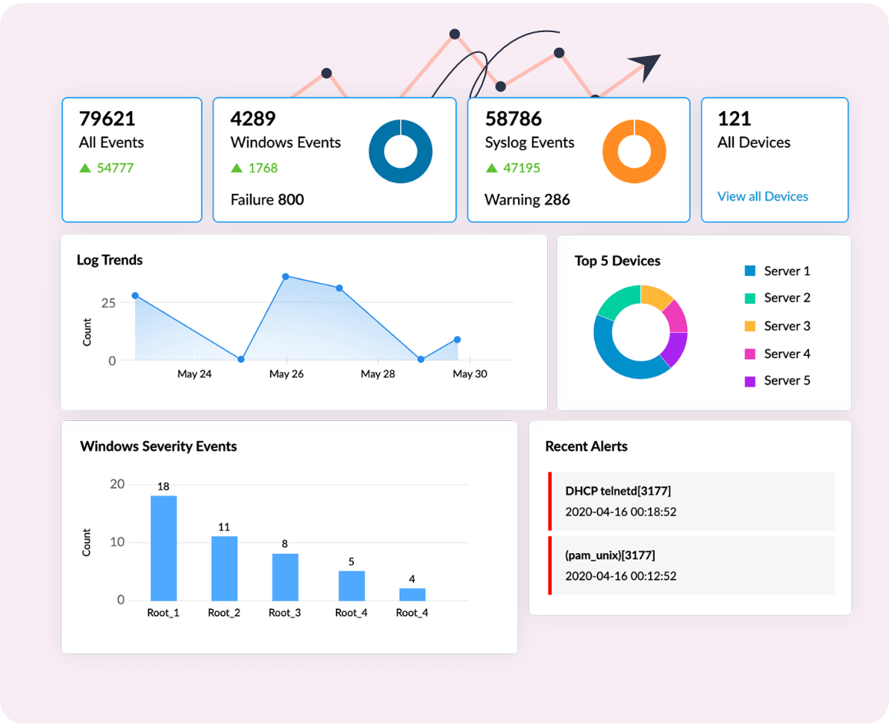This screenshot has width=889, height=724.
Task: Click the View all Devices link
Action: [762, 197]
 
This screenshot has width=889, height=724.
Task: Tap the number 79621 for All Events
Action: [107, 119]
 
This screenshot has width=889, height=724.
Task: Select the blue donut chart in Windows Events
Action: [400, 151]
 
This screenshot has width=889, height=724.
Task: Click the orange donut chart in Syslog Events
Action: [634, 151]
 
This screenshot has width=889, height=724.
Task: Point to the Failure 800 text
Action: [267, 200]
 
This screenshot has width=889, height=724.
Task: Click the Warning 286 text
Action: [527, 200]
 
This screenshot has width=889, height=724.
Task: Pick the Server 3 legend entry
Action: [787, 326]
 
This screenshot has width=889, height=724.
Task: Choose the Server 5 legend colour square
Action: [750, 381]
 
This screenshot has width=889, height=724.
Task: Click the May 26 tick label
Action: [286, 374]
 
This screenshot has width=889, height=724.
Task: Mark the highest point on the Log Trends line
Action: [285, 277]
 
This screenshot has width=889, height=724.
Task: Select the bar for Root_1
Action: [163, 548]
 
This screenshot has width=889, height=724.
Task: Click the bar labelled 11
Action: [224, 568]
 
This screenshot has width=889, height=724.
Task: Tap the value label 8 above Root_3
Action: [284, 544]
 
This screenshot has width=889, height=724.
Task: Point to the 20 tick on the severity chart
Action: [117, 484]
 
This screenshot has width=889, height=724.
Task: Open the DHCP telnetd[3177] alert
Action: [618, 491]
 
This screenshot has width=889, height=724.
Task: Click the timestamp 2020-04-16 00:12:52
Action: [621, 576]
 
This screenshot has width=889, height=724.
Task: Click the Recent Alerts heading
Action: [586, 447]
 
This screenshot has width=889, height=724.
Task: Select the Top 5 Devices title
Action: [617, 261]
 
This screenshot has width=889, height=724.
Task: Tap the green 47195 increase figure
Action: [521, 168]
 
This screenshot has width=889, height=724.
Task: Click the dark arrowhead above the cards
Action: [646, 66]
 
